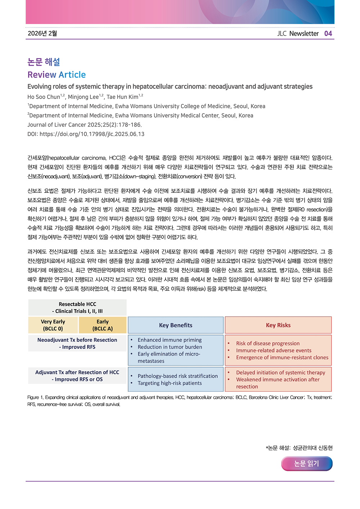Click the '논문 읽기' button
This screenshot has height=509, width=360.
click(307, 464)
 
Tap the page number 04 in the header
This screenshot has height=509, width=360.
click(328, 33)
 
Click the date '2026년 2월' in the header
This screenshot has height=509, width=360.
click(42, 33)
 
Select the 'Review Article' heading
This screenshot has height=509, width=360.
click(57, 75)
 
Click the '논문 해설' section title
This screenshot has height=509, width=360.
click(44, 62)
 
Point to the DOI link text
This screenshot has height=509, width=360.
click(86, 134)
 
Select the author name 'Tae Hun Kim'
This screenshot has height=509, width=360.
click(122, 97)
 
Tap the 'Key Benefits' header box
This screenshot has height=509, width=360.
click(176, 325)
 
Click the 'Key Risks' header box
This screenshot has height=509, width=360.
click(278, 325)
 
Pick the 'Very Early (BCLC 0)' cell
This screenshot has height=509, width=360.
click(53, 325)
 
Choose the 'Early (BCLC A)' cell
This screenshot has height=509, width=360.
click(103, 325)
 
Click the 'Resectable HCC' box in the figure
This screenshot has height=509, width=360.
click(77, 308)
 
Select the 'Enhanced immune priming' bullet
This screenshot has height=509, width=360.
click(170, 340)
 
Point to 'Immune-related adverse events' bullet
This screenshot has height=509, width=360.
click(274, 350)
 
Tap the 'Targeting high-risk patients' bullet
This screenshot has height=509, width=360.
click(170, 383)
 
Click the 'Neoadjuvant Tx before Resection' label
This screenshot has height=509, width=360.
click(77, 340)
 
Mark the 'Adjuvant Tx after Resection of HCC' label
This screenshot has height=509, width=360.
click(77, 372)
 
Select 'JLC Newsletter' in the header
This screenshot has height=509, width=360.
click(298, 33)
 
